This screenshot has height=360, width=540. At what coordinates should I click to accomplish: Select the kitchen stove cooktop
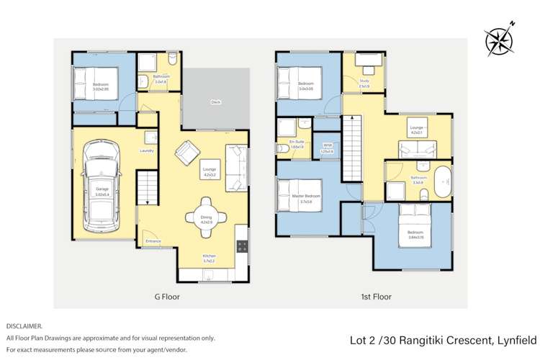[x=243, y=246]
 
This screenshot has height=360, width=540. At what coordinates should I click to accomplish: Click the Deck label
[x=215, y=102]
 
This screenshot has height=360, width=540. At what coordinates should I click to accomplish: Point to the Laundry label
[x=147, y=150]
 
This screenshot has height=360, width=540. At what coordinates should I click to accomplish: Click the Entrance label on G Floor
[x=153, y=241]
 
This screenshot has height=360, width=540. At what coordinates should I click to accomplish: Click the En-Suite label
[x=297, y=142]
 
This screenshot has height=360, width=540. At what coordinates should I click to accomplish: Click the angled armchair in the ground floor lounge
[x=189, y=151]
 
